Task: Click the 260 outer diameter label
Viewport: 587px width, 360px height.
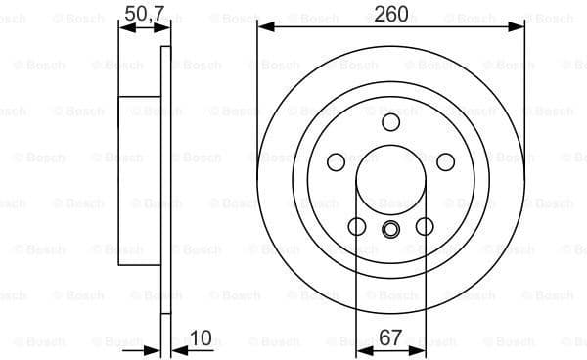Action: pyautogui.click(x=390, y=14)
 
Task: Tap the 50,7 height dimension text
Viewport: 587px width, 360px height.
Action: pyautogui.click(x=145, y=13)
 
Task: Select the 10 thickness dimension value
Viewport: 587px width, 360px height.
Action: pyautogui.click(x=202, y=338)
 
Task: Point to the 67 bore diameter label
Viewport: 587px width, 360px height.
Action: pyautogui.click(x=390, y=338)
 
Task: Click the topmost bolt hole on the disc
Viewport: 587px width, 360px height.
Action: pyautogui.click(x=390, y=121)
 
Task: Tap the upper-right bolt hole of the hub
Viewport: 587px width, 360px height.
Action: pyautogui.click(x=445, y=161)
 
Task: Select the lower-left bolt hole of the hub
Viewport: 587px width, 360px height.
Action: pyautogui.click(x=357, y=227)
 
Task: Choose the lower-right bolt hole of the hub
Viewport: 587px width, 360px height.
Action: pyautogui.click(x=425, y=227)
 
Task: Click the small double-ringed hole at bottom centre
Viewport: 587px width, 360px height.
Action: pyautogui.click(x=390, y=231)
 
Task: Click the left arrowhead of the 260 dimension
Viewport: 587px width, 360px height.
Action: pyautogui.click(x=263, y=29)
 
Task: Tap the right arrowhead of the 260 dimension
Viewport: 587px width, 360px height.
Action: pyautogui.click(x=519, y=29)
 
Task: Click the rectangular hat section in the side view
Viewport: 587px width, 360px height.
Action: pyautogui.click(x=140, y=181)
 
